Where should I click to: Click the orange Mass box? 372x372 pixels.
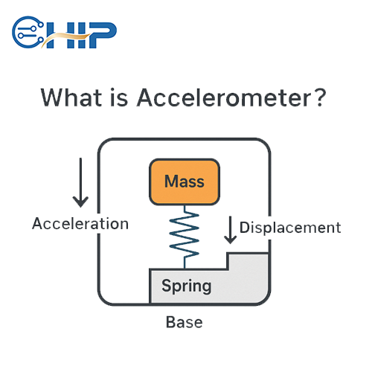click(184, 182)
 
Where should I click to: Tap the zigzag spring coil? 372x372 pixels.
click(184, 234)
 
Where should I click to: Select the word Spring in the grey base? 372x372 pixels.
click(186, 286)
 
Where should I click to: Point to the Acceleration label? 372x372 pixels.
click(80, 224)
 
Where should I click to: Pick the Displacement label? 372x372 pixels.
click(290, 228)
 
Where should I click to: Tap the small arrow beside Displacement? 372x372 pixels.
click(231, 229)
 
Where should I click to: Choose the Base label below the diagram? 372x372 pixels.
click(184, 323)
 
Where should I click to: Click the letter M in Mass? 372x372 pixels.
click(170, 182)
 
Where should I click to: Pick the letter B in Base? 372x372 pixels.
click(169, 323)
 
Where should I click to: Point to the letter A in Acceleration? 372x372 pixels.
click(37, 224)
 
